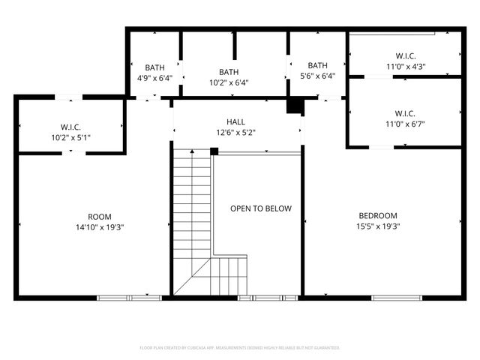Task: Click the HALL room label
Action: (235, 121)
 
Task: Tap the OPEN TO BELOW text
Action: (261, 208)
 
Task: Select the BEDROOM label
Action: (378, 216)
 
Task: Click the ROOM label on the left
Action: (100, 216)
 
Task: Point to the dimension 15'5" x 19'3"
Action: (378, 226)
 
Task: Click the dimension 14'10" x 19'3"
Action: (100, 226)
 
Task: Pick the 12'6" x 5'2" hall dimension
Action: (235, 132)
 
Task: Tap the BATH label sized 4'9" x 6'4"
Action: (154, 67)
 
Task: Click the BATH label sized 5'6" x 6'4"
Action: (317, 65)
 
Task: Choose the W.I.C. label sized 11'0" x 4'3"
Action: (405, 56)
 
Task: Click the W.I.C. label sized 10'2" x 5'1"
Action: (71, 127)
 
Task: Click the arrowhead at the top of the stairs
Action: (192, 151)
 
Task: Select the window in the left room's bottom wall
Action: (129, 298)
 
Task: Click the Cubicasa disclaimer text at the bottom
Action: (240, 348)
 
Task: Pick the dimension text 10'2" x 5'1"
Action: (71, 137)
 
